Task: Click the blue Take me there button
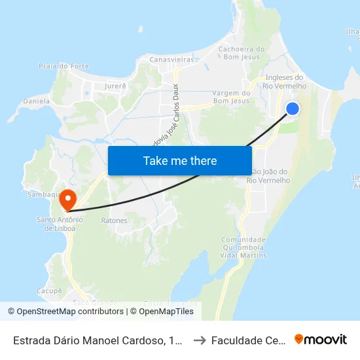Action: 180,160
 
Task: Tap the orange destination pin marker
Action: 67,196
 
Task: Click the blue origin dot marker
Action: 293,109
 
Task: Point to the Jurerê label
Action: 115,85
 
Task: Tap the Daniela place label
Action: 37,101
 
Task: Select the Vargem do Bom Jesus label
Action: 232,97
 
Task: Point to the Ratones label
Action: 114,221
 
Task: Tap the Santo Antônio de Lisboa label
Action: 56,224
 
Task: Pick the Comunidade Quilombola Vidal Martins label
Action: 243,247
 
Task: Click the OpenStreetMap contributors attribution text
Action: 65,312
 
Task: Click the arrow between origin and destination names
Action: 199,340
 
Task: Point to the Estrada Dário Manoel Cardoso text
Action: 98,340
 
